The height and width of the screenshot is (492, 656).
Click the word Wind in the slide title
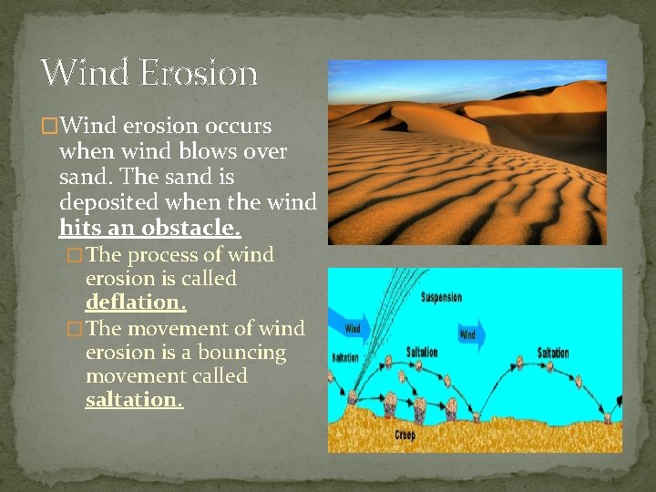click(84, 73)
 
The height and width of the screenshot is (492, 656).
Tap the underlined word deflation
click(136, 302)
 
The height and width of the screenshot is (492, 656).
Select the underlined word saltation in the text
click(134, 400)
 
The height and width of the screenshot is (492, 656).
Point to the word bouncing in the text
click(245, 352)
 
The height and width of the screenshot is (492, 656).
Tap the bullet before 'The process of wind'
click(75, 255)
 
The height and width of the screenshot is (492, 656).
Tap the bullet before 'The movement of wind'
click(75, 329)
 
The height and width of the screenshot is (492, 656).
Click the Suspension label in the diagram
click(441, 297)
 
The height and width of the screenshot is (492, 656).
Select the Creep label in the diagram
click(405, 436)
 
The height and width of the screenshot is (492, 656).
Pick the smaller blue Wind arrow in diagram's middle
click(468, 334)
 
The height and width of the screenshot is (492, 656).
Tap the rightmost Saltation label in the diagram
click(553, 353)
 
